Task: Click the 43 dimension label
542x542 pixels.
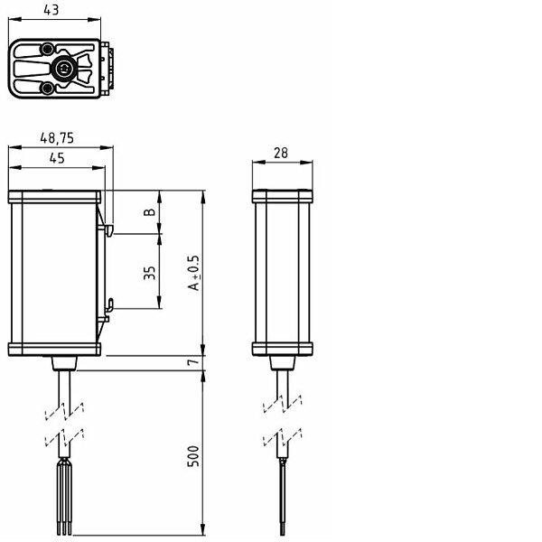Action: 51,10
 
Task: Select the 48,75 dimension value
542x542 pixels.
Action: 57,138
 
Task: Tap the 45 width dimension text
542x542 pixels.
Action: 57,158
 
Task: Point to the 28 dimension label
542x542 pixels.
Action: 281,153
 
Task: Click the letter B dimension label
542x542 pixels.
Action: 149,212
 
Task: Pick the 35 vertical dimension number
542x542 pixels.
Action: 149,273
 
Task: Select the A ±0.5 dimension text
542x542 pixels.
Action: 193,273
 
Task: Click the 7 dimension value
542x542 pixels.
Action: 193,362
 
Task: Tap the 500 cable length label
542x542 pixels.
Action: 193,456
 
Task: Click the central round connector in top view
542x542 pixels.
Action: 63,69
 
